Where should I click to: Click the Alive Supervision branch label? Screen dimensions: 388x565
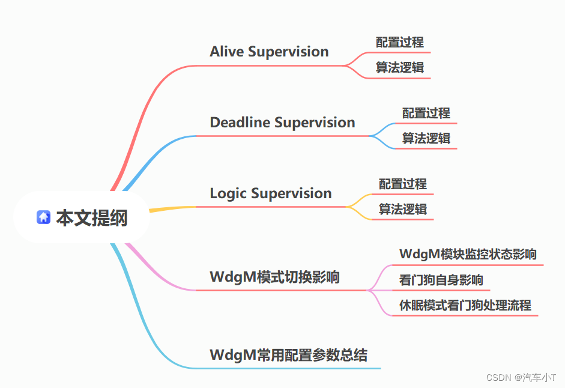[269, 52]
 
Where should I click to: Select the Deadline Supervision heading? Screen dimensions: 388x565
[282, 123]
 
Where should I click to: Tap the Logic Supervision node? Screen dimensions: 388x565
[270, 193]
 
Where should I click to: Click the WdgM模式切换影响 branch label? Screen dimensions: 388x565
[274, 277]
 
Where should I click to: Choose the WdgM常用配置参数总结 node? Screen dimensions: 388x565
[288, 355]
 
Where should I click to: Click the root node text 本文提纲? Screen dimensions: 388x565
[92, 218]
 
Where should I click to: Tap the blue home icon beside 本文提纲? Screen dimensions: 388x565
[43, 217]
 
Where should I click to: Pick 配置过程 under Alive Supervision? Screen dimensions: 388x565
[400, 42]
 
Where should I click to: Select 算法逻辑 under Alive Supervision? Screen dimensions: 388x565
[400, 67]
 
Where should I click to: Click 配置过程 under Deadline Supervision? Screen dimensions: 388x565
[426, 113]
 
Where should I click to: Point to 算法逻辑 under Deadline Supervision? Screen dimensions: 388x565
[426, 138]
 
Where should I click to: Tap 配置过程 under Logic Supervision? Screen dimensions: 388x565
[403, 184]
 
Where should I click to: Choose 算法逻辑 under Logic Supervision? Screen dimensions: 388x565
[403, 209]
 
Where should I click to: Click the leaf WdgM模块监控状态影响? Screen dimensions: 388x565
[468, 254]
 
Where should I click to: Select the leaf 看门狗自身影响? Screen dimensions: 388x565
[441, 280]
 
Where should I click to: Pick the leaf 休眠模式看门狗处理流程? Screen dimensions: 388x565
[465, 305]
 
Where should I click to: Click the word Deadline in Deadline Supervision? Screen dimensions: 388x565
[240, 123]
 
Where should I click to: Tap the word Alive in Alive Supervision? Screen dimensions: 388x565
[227, 52]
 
